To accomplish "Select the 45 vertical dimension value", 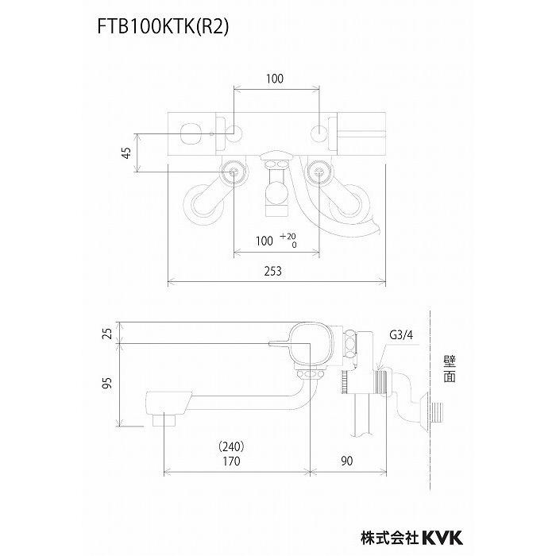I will (126, 153).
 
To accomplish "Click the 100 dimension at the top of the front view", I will (275, 79).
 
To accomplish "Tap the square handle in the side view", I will (312, 343).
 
